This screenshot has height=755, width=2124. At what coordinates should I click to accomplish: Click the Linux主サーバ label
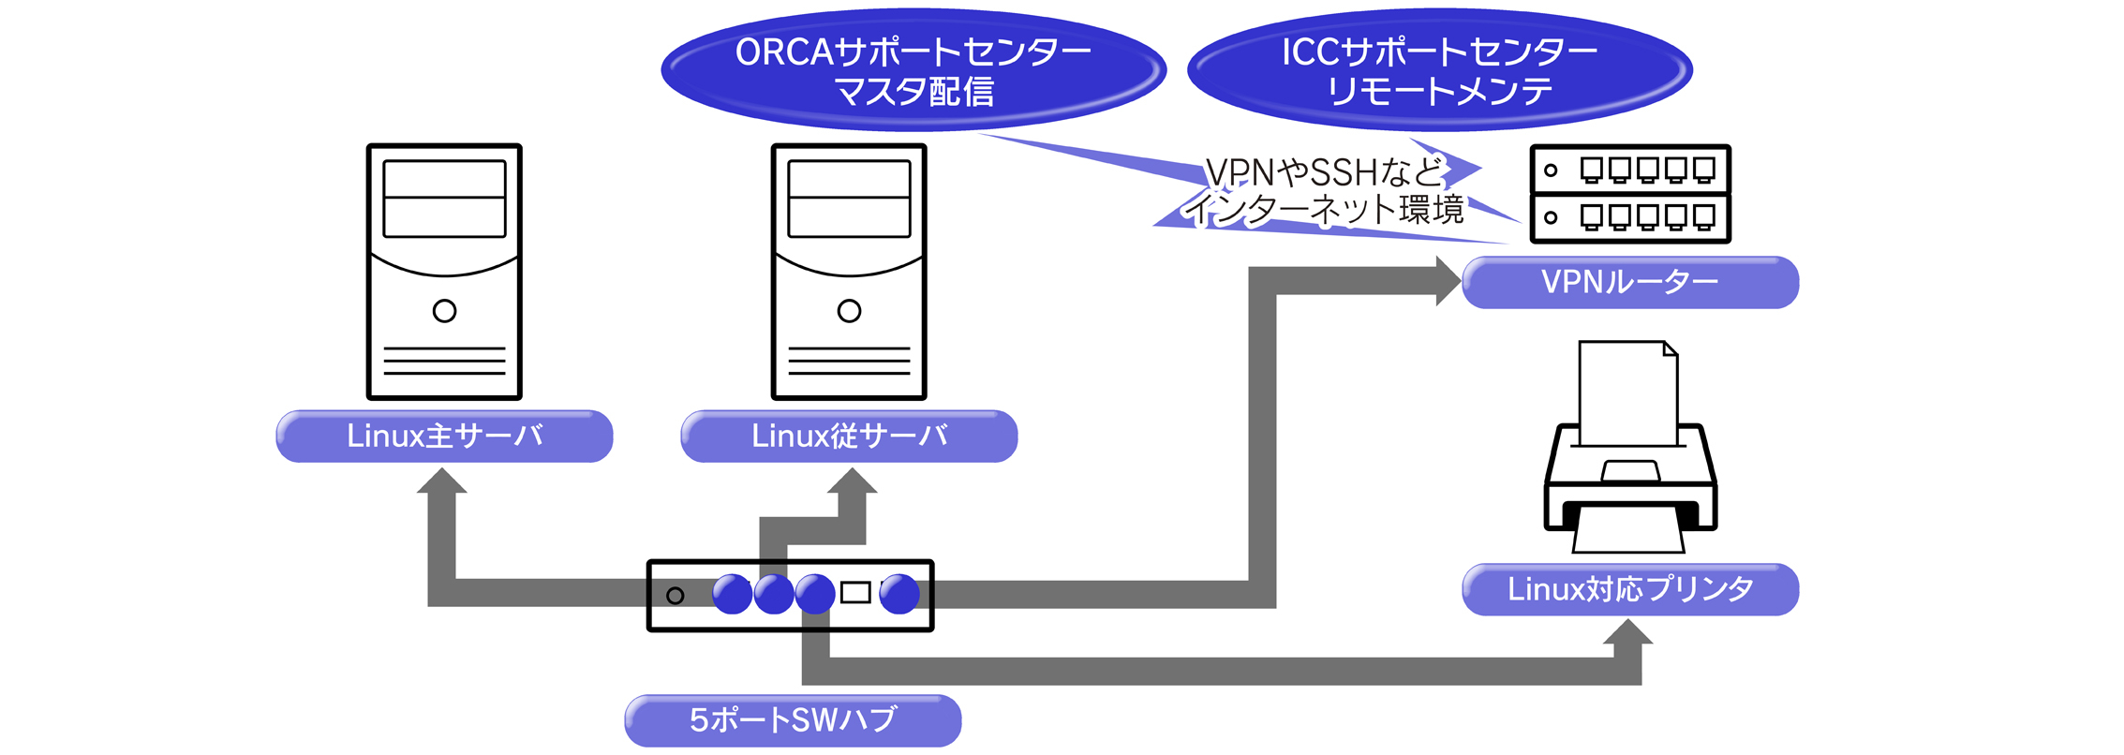point(444,436)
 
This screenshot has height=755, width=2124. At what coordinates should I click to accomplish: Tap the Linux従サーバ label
point(849,436)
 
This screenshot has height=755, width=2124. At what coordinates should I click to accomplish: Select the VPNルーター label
point(1629,282)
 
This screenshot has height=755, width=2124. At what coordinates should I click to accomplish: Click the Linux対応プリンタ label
point(1629,589)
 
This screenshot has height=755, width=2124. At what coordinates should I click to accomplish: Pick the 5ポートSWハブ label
point(793,720)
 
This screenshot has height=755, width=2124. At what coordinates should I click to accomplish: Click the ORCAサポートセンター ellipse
point(913,70)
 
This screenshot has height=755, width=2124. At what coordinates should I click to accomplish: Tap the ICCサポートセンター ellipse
point(1439,70)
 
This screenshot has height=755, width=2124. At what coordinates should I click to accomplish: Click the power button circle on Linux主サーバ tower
point(444,311)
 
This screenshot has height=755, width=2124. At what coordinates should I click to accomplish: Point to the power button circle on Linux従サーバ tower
point(849,311)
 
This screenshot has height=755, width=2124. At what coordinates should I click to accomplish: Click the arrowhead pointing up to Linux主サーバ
point(441,481)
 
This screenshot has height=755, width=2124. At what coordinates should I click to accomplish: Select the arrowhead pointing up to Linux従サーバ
point(852,481)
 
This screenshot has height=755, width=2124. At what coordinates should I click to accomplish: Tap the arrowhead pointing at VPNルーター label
point(1448,281)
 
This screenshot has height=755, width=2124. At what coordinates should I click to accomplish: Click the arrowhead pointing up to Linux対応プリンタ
point(1627,633)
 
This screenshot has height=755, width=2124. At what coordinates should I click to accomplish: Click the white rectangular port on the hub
point(855,592)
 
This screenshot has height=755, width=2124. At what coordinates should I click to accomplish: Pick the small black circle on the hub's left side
point(675,596)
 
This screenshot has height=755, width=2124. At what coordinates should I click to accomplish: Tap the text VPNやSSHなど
point(1325,172)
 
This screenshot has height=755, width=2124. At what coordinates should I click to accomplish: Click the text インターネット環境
point(1325,210)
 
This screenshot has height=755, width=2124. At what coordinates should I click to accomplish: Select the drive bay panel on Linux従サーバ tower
point(849,199)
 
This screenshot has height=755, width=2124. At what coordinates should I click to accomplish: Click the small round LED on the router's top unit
point(1551,170)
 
